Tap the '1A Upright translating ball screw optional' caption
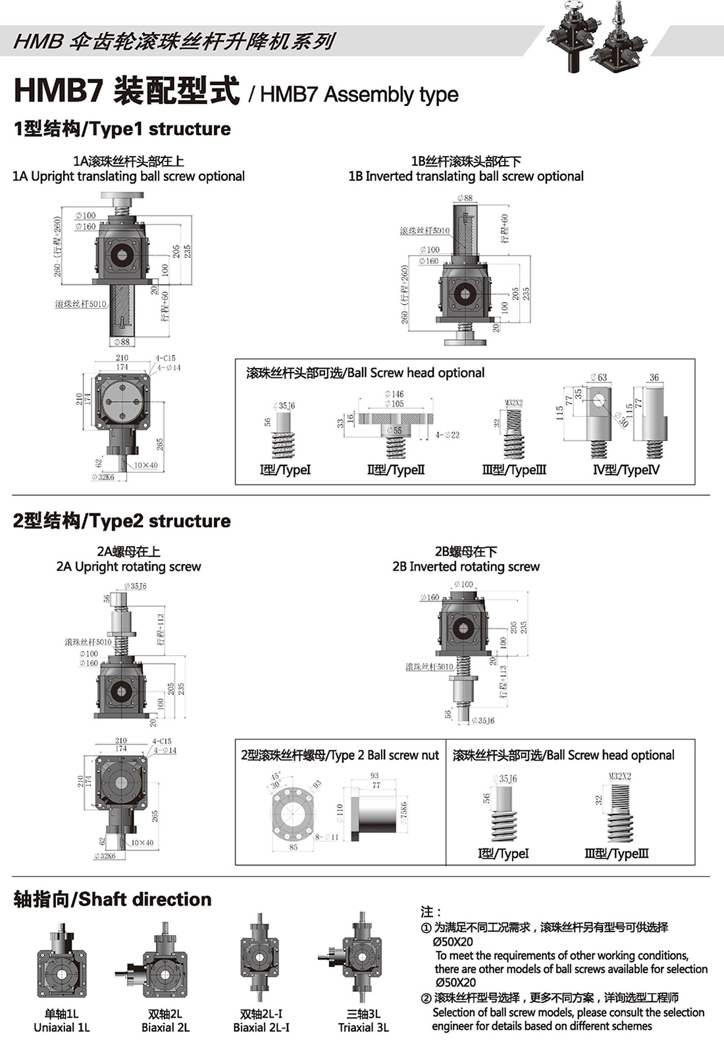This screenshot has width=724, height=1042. [128, 176]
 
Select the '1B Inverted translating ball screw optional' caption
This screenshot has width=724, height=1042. [466, 176]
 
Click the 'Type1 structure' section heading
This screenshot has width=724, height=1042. [122, 129]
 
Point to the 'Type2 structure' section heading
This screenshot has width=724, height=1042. [122, 521]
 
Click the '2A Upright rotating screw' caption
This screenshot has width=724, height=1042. [128, 567]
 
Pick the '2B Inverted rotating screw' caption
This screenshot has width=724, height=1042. [466, 567]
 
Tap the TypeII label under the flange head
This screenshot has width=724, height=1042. [396, 470]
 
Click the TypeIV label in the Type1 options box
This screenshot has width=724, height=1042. [626, 470]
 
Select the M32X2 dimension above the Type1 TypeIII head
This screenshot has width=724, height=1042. [513, 403]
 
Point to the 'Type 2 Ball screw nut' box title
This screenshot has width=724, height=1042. [340, 756]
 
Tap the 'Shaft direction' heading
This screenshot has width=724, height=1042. [113, 900]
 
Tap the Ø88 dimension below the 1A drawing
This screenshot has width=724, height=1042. [121, 342]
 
